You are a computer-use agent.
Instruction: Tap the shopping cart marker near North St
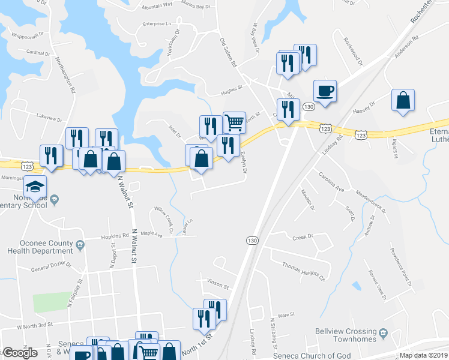click(x=234, y=122)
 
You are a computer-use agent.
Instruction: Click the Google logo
click(x=20, y=353)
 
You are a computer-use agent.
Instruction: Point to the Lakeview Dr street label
click(x=49, y=116)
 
